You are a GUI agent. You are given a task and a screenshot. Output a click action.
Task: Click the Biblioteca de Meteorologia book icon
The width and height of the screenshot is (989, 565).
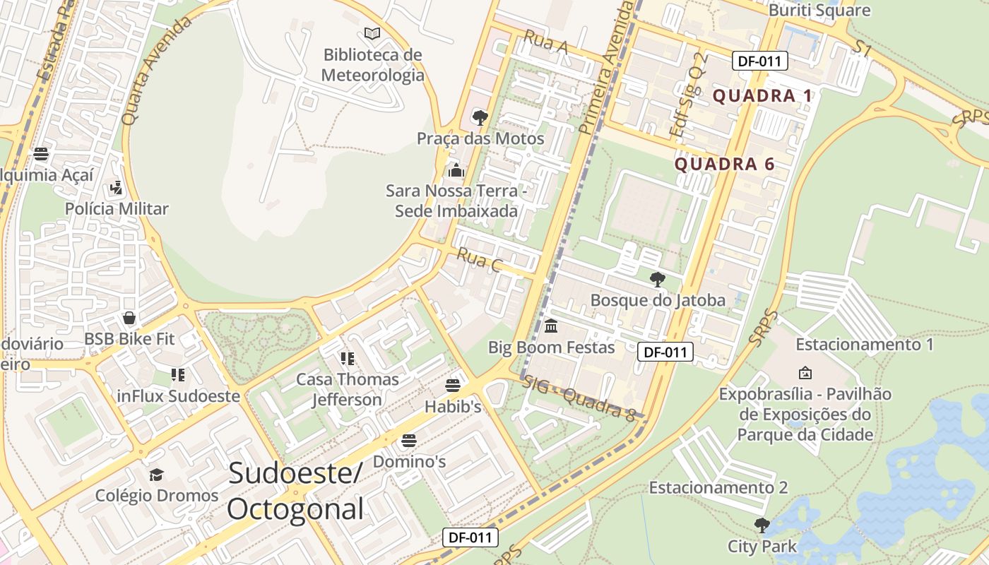(372, 33)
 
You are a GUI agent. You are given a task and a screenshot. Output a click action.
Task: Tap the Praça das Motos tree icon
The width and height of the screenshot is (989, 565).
(480, 117)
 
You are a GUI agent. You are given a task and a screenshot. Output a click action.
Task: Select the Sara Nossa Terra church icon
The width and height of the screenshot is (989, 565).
(456, 170)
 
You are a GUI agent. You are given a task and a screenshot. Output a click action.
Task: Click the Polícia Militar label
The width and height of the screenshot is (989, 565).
(117, 208)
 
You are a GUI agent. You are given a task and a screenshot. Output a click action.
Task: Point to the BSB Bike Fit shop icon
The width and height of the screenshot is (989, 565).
(129, 319)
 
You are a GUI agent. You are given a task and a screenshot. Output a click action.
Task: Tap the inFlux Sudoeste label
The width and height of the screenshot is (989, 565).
(179, 396)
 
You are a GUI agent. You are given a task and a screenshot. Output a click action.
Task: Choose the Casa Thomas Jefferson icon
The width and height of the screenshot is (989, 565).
(347, 359)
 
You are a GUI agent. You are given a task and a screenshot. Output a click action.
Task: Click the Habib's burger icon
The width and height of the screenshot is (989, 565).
(453, 386)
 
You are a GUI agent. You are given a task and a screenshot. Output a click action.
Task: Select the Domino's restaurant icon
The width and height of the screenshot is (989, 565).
(409, 441)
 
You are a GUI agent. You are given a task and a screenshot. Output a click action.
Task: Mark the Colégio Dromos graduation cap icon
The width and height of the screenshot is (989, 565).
(156, 475)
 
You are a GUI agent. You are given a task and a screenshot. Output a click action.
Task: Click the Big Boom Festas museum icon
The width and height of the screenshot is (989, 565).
(551, 326)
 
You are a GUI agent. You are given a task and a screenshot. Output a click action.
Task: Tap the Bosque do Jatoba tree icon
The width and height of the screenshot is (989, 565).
(658, 279)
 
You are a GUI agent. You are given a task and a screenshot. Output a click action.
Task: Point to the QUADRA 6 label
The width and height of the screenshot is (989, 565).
(725, 165)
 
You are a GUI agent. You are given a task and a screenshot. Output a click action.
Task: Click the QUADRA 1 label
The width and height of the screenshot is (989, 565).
(762, 96)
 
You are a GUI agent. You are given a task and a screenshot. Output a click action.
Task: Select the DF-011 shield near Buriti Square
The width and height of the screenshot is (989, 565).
(759, 61)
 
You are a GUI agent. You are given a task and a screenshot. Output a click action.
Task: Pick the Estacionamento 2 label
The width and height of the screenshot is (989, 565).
(718, 487)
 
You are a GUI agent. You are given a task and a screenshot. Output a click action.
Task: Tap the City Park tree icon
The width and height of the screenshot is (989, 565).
(762, 525)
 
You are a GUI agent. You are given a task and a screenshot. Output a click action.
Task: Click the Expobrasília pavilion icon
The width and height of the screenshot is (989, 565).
(805, 373)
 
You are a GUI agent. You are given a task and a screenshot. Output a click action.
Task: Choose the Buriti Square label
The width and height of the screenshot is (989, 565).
(819, 11)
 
